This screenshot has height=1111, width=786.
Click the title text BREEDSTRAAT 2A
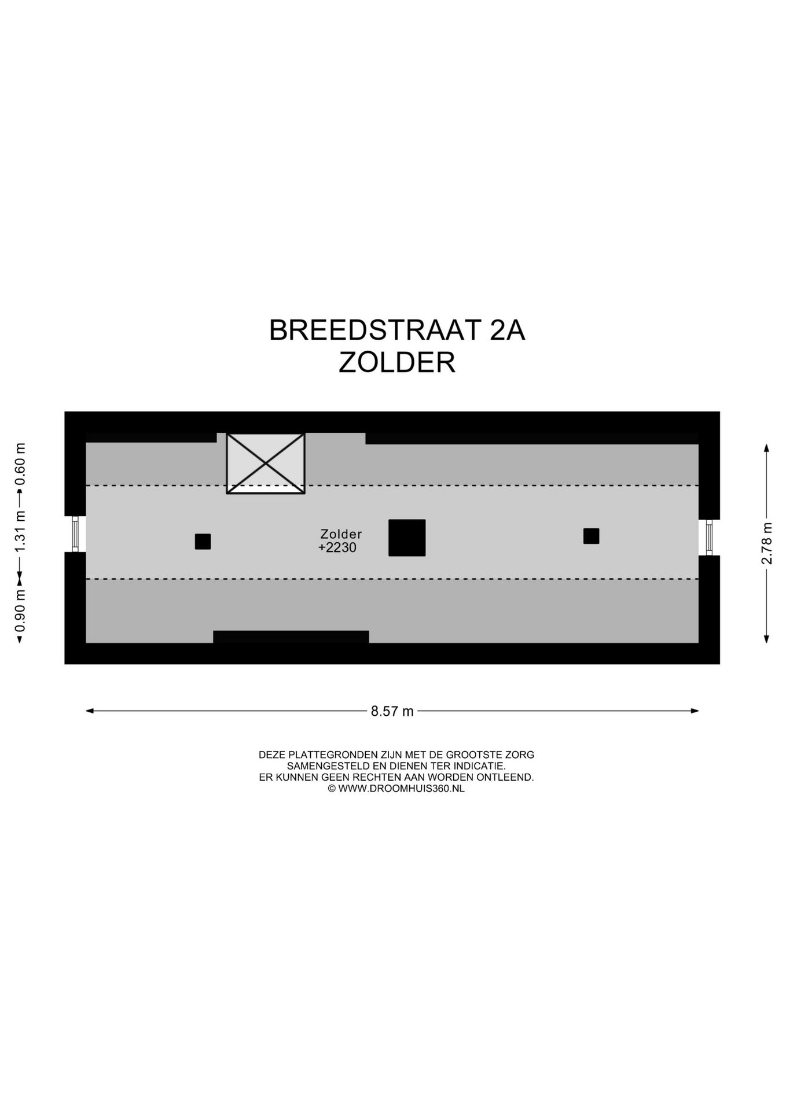[396, 330]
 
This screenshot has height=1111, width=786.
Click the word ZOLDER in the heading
[396, 363]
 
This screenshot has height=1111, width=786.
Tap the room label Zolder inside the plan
[341, 534]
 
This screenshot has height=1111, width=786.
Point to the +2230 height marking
[337, 547]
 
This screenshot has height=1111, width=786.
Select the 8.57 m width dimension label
[392, 711]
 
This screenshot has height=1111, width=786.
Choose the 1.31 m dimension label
[20, 531]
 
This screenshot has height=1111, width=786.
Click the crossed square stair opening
[266, 463]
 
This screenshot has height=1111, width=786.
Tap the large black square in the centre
[407, 538]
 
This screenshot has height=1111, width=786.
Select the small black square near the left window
[203, 542]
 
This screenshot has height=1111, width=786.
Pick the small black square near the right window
[591, 536]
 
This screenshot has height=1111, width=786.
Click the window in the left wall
[75, 534]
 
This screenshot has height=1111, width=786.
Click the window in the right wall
[709, 537]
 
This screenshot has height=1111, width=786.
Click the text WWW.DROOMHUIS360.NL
[401, 788]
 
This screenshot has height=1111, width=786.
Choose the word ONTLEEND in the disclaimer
[508, 777]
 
